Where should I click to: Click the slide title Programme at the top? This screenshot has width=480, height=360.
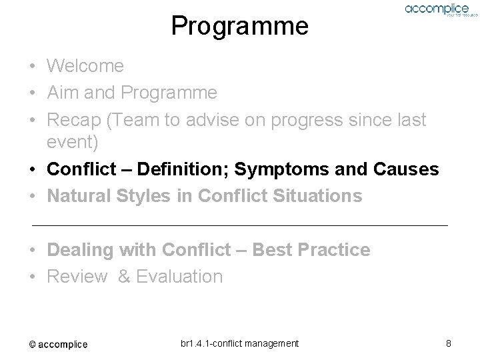click(x=239, y=26)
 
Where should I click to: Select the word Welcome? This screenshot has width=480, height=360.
click(x=85, y=66)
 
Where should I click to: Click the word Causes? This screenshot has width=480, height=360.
click(x=407, y=169)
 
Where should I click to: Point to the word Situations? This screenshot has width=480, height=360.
click(x=316, y=196)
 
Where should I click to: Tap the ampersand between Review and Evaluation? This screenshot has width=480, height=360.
click(x=124, y=277)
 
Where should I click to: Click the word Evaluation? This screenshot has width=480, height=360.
click(x=179, y=277)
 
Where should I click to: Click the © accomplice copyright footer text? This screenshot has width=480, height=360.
click(x=58, y=344)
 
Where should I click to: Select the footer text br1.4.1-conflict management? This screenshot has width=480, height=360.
click(x=239, y=343)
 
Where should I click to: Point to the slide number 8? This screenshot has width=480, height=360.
click(x=449, y=343)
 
